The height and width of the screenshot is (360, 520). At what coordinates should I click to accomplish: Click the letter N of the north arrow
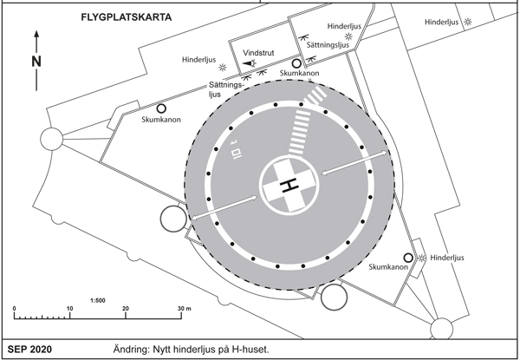36,62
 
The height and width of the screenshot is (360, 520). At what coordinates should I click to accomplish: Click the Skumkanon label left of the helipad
160,120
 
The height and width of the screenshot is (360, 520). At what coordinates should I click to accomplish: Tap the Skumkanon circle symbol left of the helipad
161,108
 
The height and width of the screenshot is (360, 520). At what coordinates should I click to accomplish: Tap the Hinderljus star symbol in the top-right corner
469,21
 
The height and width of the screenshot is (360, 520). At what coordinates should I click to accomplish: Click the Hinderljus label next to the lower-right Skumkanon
449,258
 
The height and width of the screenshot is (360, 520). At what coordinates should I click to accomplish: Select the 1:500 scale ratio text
98,300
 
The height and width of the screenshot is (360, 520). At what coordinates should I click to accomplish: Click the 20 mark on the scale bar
126,309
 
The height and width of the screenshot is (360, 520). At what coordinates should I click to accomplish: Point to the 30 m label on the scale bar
183,309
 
